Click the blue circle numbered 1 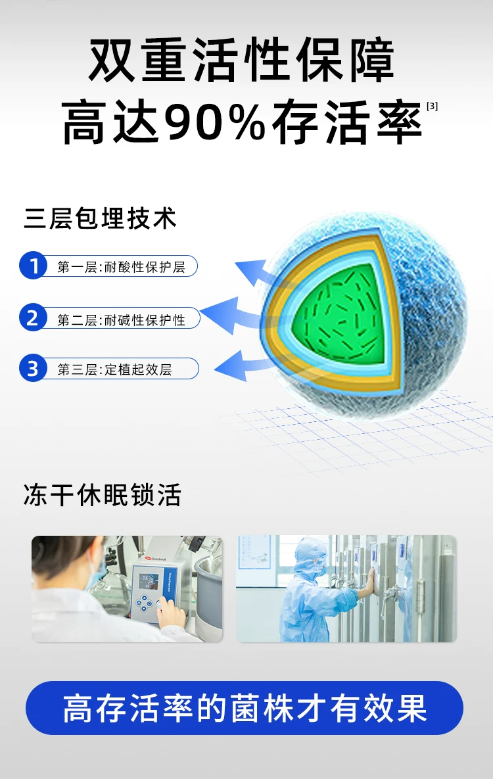34,266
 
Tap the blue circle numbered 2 34,318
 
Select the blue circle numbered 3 34,369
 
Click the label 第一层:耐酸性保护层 121,268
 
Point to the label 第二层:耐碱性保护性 121,319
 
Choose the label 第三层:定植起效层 115,369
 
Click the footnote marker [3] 433,106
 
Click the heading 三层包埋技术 101,219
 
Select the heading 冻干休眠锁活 103,495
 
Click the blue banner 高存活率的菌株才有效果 245,707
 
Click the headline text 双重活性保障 242,60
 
